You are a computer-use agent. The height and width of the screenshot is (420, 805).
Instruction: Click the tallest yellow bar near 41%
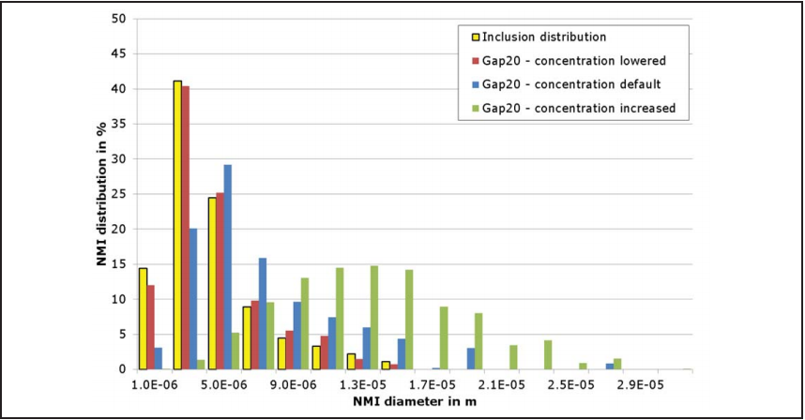tap(176, 225)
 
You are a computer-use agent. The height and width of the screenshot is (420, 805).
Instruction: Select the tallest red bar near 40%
tap(186, 228)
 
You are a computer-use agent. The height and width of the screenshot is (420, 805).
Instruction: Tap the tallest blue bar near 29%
tap(228, 267)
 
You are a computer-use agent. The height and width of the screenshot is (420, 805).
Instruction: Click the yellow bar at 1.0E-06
tap(143, 319)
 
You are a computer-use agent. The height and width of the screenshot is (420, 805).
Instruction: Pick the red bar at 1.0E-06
tap(151, 327)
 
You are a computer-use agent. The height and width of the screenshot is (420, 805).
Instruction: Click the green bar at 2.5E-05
tap(548, 354)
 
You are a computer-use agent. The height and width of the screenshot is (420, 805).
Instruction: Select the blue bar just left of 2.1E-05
tap(471, 358)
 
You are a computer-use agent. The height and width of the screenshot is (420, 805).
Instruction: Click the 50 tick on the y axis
tap(118, 19)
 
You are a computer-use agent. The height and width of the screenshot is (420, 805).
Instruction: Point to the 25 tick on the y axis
tap(118, 194)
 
